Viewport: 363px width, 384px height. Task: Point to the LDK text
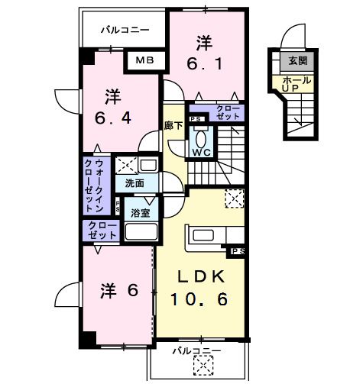(202, 278)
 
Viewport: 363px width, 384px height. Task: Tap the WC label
(202, 152)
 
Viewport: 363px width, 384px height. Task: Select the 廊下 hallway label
(173, 126)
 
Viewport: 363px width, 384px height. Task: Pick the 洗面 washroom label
(135, 183)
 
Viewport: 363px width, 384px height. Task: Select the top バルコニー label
(125, 30)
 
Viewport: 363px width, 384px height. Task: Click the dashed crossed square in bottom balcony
(203, 367)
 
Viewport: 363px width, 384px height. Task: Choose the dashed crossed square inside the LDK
(233, 198)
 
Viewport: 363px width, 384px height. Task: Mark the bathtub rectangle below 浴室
(140, 232)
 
